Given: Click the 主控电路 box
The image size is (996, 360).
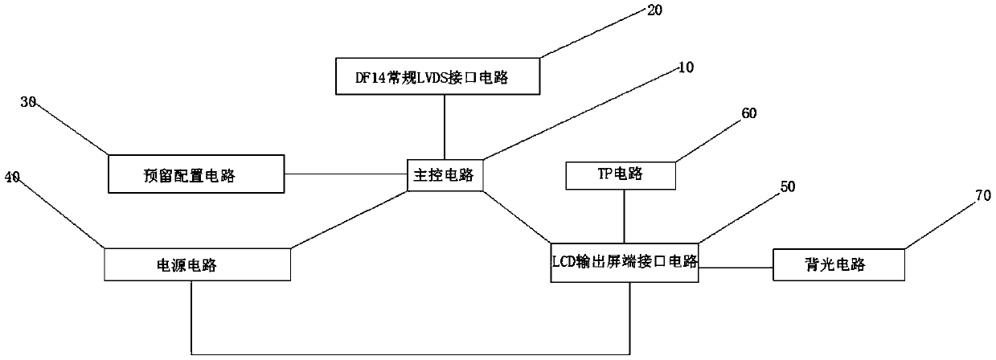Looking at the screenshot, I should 445,174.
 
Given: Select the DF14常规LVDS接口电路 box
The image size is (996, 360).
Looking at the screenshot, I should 437,78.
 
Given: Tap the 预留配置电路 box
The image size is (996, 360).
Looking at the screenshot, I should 197,174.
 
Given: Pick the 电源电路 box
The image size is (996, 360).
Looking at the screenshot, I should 197,265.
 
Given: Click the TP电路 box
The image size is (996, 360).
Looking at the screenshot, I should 621,174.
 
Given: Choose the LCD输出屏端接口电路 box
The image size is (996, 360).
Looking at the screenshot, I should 625,261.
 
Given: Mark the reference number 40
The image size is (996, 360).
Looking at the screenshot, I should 13,176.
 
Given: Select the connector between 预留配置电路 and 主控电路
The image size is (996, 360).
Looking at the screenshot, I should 346,174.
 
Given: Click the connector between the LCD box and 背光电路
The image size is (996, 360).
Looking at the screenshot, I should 736,263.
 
